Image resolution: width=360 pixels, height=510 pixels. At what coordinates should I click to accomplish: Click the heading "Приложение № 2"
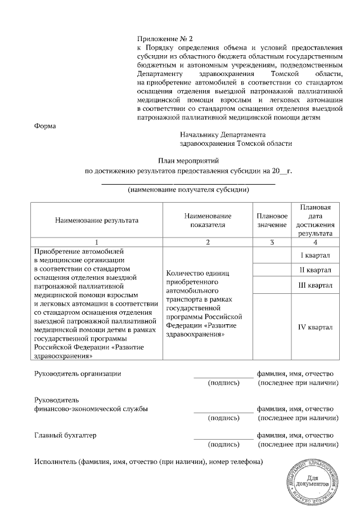165,39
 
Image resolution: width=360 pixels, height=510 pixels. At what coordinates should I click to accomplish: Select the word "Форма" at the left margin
45,126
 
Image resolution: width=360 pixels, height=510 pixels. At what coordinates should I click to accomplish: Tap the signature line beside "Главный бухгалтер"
223,439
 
